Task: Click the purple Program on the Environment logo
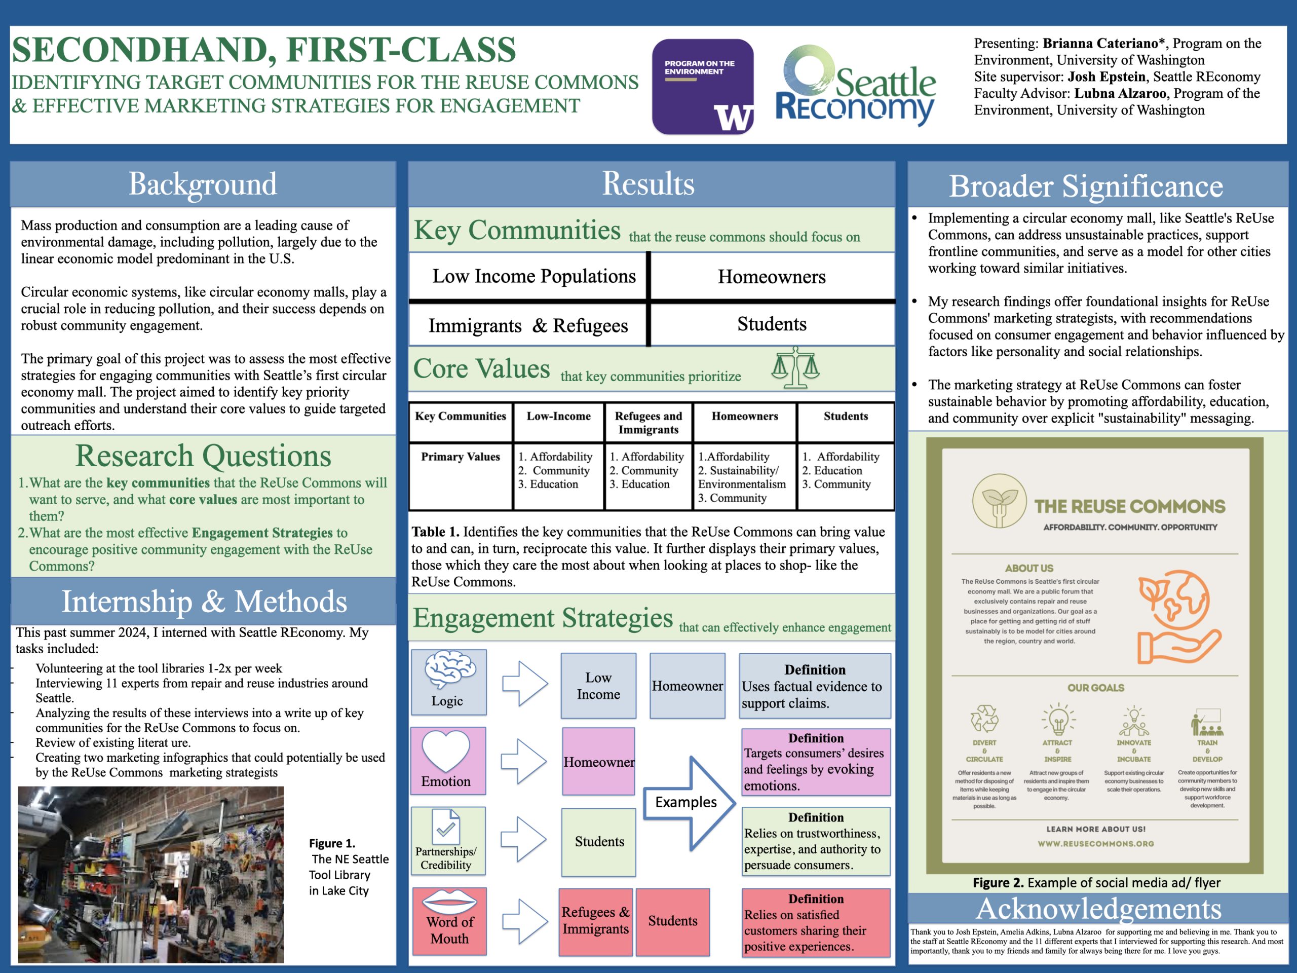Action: (x=702, y=87)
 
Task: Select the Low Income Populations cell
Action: (x=533, y=276)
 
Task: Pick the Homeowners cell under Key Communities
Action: (x=771, y=277)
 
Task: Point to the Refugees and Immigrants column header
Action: (x=648, y=422)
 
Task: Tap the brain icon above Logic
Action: (x=450, y=670)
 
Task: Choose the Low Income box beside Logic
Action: (x=598, y=686)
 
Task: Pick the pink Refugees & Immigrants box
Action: (x=595, y=921)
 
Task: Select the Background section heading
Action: (x=203, y=184)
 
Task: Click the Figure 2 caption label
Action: (x=1096, y=883)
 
